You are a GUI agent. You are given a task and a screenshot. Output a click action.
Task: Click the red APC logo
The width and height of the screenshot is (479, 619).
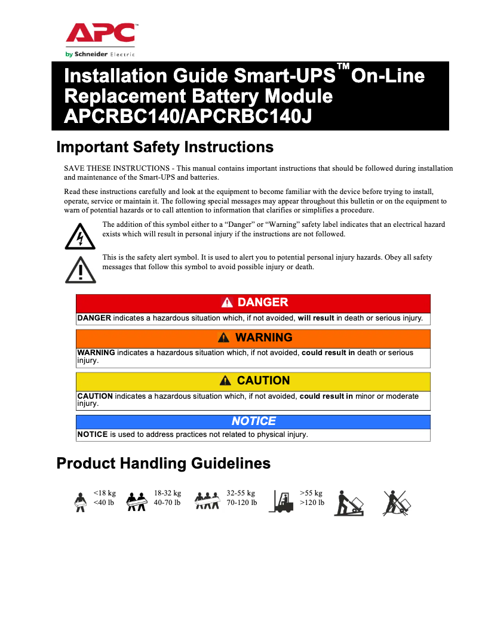coord(100,33)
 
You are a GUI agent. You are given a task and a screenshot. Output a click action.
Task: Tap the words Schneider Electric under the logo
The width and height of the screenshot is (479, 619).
coord(100,54)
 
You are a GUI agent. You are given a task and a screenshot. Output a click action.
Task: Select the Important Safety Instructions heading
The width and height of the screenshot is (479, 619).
coord(165,147)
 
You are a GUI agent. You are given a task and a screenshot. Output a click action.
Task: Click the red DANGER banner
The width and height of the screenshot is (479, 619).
coord(253,303)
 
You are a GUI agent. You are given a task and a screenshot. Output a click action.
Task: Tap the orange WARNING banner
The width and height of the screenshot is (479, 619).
coord(253,338)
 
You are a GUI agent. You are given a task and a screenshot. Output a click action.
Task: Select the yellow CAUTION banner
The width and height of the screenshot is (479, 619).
coord(253,380)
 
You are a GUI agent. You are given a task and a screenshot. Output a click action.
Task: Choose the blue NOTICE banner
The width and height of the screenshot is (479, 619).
coord(253,421)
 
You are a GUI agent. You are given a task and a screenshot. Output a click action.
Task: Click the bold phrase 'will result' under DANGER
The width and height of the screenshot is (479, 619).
coord(316,318)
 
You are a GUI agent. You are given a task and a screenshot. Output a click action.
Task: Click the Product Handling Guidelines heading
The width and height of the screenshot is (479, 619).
coord(163,463)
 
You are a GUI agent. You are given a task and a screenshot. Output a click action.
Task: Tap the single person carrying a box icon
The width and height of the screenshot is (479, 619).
coord(78,503)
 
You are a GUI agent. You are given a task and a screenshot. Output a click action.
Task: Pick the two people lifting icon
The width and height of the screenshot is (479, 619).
coord(137,503)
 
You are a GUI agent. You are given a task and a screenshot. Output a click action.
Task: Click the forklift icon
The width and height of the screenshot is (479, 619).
coord(281,501)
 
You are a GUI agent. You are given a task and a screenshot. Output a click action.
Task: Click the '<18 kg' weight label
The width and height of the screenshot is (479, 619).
coord(105,494)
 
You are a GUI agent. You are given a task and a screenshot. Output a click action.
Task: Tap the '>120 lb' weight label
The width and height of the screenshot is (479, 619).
coord(312,503)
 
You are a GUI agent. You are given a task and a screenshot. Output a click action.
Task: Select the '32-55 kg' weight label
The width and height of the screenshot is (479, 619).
coord(241,494)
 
